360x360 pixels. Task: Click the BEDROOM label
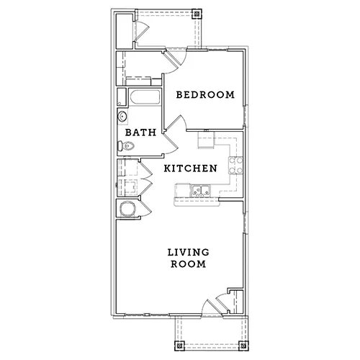205,95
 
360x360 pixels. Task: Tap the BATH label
140,132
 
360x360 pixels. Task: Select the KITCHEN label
191,168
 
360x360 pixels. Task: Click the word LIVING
189,252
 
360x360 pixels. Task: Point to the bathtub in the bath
145,97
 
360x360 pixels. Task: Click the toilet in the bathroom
125,145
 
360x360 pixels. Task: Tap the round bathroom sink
122,117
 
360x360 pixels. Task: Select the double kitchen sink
200,191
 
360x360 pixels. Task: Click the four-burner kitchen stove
235,165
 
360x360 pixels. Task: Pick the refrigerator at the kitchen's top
206,140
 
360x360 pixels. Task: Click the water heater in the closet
127,208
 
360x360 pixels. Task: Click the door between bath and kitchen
171,143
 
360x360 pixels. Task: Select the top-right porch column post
197,14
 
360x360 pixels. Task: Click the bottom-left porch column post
179,346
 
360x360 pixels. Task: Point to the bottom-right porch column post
243,346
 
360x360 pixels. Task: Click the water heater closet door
145,208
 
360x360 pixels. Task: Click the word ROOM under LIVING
189,264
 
